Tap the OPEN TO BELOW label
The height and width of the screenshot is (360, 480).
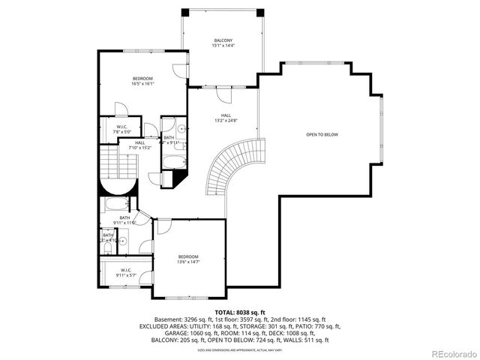(322, 134)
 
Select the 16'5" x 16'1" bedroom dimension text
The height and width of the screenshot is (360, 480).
(142, 84)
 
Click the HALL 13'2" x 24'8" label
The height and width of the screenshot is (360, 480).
(226, 118)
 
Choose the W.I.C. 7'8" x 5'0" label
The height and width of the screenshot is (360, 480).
(121, 129)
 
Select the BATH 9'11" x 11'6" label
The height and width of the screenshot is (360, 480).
(124, 220)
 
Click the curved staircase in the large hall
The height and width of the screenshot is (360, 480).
(221, 169)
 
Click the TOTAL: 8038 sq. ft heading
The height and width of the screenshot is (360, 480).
(240, 311)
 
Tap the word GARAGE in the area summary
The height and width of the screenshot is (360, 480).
(153, 334)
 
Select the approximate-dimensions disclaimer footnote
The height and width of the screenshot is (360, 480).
(240, 350)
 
